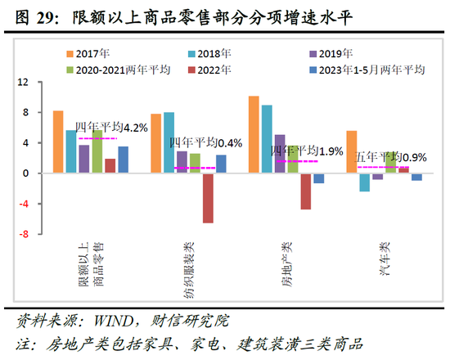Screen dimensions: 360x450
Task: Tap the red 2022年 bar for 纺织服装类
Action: (x=208, y=198)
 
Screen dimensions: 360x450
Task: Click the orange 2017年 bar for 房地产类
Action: (x=254, y=135)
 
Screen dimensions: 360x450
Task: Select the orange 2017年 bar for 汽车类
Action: (x=351, y=152)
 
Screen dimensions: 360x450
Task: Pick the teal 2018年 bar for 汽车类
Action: (x=364, y=182)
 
